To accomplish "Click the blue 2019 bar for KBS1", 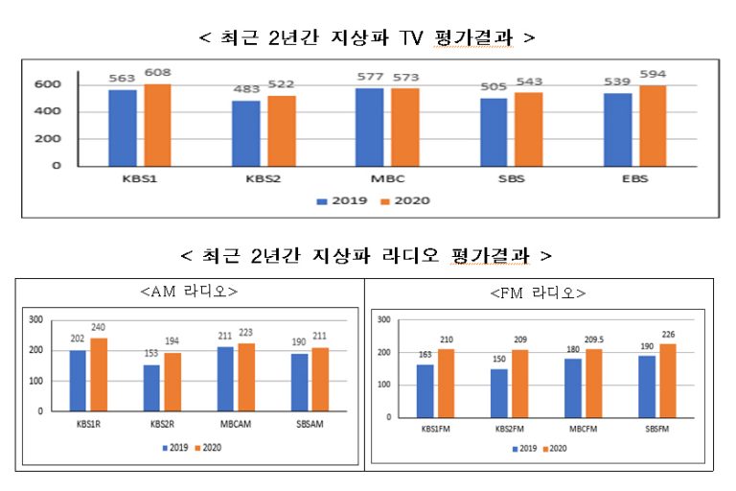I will click(123, 127).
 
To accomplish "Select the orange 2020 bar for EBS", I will click(652, 125).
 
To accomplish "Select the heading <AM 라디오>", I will click(189, 290).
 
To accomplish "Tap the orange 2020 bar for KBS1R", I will click(99, 374).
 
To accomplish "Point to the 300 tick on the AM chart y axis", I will click(35, 319).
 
